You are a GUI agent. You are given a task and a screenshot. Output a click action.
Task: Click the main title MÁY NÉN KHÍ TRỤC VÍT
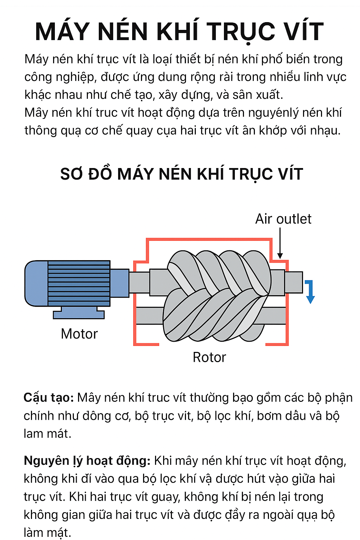pyautogui.click(x=179, y=32)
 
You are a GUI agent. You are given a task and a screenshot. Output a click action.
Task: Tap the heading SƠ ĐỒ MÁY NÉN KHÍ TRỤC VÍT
pyautogui.click(x=181, y=174)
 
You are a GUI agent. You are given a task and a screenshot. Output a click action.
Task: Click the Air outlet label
pyautogui.click(x=283, y=219)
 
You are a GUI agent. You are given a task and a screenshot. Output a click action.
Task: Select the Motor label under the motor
pyautogui.click(x=79, y=334)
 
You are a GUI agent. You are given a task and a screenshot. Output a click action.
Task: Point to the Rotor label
pyautogui.click(x=209, y=357)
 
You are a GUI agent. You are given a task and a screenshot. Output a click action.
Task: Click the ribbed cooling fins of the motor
pyautogui.click(x=79, y=283)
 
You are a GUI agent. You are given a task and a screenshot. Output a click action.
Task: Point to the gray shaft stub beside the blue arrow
pyautogui.click(x=294, y=282)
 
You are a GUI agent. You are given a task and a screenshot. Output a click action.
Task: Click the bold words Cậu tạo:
pyautogui.click(x=49, y=398)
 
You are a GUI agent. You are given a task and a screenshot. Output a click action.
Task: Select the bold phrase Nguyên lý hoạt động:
pyautogui.click(x=87, y=461)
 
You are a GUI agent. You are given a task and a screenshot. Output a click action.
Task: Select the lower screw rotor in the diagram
pyautogui.click(x=211, y=316)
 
